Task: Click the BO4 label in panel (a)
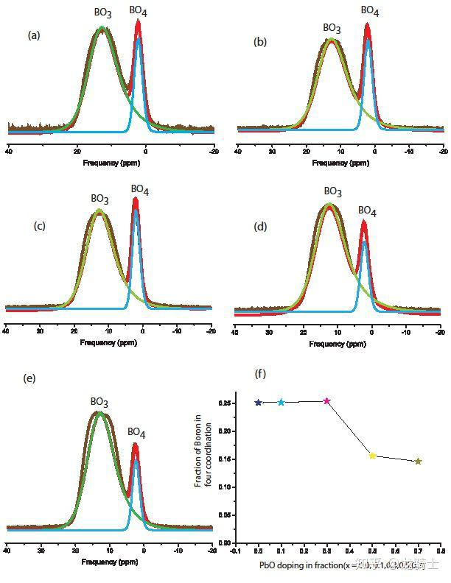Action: (138, 10)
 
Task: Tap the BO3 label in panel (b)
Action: (332, 28)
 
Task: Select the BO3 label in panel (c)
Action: (100, 198)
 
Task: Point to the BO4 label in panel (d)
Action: (367, 211)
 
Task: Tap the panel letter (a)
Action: (34, 35)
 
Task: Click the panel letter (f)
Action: (260, 374)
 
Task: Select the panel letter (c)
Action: (40, 225)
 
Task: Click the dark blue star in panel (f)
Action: (258, 403)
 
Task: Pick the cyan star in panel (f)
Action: (281, 402)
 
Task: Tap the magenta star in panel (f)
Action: (326, 401)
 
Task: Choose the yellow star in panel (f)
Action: (372, 456)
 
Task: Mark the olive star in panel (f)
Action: (418, 462)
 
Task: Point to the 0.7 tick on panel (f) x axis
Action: (418, 550)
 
